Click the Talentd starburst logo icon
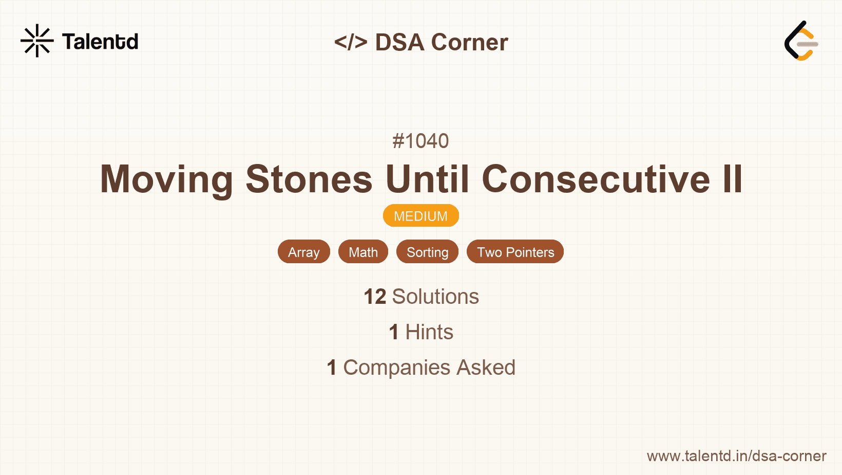tap(37, 41)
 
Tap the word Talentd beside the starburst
tap(100, 42)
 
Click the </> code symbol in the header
tap(351, 42)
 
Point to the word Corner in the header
tap(469, 42)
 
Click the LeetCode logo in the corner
tap(801, 41)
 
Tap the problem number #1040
tap(420, 141)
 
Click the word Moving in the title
tap(166, 179)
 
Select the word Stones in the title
tap(309, 179)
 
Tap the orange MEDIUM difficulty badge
tap(421, 216)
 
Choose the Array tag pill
tap(304, 252)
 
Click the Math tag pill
tap(363, 252)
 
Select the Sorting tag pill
tap(427, 252)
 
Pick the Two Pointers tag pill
tap(515, 252)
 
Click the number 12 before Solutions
tap(375, 297)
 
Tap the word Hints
tap(429, 332)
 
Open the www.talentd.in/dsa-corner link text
tap(736, 456)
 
